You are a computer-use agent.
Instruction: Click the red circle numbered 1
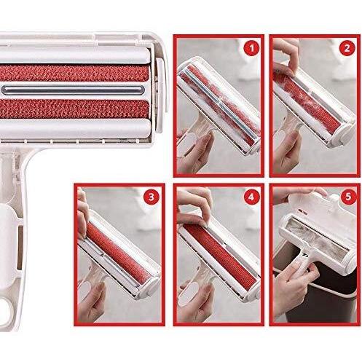click(x=251, y=49)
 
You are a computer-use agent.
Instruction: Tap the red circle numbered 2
click(x=347, y=48)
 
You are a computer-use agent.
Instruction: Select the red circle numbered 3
click(x=152, y=197)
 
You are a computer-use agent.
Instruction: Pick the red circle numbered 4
click(x=251, y=197)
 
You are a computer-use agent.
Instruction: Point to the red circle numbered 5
click(x=348, y=197)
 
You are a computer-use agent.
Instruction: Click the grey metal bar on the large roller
click(x=73, y=90)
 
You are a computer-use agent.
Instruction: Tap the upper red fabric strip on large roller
click(x=74, y=73)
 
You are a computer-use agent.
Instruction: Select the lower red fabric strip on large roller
click(x=74, y=109)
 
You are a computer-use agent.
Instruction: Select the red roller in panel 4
click(x=219, y=254)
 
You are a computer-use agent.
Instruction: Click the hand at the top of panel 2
click(x=286, y=58)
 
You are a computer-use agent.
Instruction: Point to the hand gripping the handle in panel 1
click(x=194, y=153)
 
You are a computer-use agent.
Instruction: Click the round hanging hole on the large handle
click(x=5, y=308)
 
